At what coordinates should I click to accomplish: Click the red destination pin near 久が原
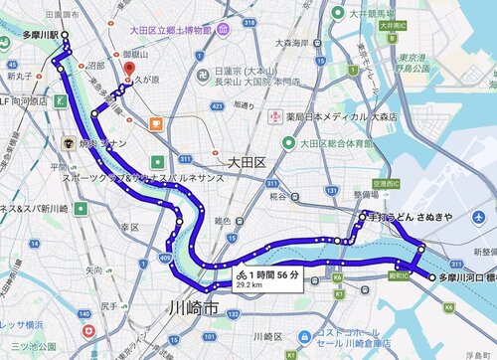(126, 72)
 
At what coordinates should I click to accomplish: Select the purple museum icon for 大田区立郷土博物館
(226, 31)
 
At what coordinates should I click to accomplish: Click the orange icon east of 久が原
(156, 124)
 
